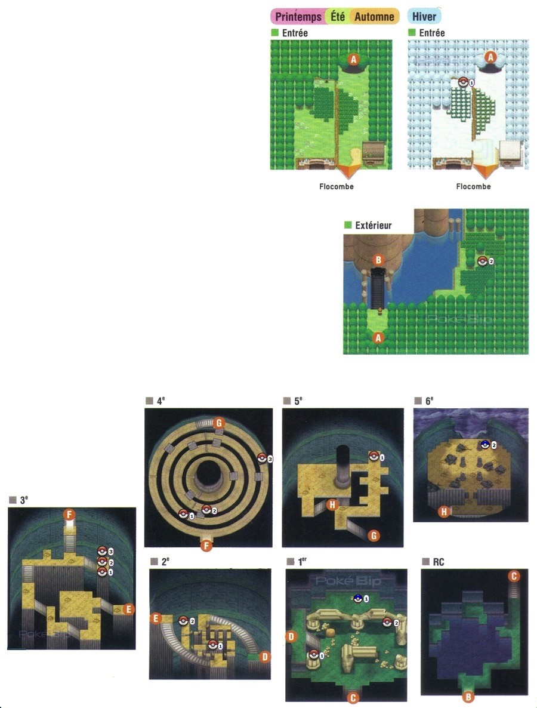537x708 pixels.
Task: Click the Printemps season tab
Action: [x=298, y=17]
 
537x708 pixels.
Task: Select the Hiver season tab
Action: [x=424, y=17]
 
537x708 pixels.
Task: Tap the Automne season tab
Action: [x=375, y=17]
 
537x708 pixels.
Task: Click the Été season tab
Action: [x=338, y=17]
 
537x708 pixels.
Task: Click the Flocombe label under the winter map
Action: [x=473, y=186]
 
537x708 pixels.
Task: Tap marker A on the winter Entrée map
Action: [x=490, y=57]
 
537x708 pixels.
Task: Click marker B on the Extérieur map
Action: [x=378, y=260]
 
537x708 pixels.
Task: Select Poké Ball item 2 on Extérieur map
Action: [x=483, y=261]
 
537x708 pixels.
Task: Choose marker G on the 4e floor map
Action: [x=219, y=423]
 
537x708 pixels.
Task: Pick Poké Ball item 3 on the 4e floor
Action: [x=262, y=458]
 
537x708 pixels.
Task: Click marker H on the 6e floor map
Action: [x=444, y=512]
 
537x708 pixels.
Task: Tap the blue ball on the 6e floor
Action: [x=485, y=444]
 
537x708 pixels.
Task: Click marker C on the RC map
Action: [x=514, y=576]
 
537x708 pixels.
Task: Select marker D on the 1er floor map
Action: [x=291, y=637]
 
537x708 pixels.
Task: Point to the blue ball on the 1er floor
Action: [x=358, y=598]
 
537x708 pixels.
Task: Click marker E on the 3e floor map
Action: [x=129, y=610]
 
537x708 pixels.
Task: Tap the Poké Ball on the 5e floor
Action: [x=374, y=456]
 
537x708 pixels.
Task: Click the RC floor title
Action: [x=438, y=562]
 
